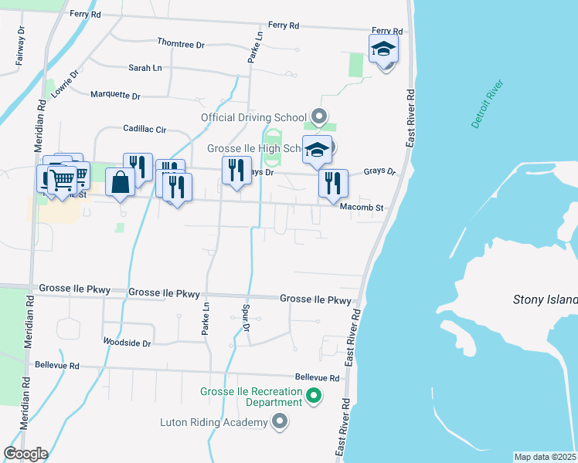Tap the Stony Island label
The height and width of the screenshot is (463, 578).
pos(546,300)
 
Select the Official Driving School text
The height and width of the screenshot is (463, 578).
pos(253,118)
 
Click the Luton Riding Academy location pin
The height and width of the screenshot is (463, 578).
pos(280,421)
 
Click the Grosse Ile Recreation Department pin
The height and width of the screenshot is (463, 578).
pos(313,397)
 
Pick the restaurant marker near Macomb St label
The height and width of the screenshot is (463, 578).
pos(333,183)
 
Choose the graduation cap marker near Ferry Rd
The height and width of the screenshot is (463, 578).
pos(383,50)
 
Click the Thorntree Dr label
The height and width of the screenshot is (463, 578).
pos(180,45)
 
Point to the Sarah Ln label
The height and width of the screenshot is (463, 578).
pos(145,68)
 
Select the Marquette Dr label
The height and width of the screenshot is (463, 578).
pos(115,96)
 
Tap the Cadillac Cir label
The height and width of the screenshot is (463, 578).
pos(144,130)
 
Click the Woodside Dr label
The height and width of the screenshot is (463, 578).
pos(127,340)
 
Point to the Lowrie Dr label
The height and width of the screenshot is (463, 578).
pos(65,87)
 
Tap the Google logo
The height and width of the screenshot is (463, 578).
pos(25,454)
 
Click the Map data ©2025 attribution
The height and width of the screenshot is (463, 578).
pos(545,457)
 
